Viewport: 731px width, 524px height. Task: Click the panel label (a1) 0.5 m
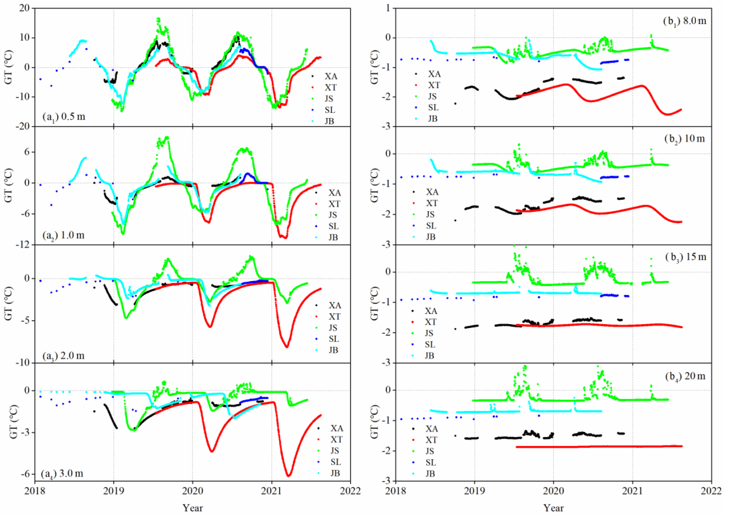click(64, 117)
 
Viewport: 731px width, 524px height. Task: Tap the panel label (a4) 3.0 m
click(62, 474)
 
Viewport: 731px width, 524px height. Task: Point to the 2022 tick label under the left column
click(350, 491)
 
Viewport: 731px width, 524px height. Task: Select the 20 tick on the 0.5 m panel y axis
click(24, 8)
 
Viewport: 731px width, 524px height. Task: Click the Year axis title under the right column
click(553, 508)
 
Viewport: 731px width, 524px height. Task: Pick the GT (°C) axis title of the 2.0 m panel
click(8, 303)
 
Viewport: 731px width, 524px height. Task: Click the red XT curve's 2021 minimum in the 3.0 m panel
click(289, 476)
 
